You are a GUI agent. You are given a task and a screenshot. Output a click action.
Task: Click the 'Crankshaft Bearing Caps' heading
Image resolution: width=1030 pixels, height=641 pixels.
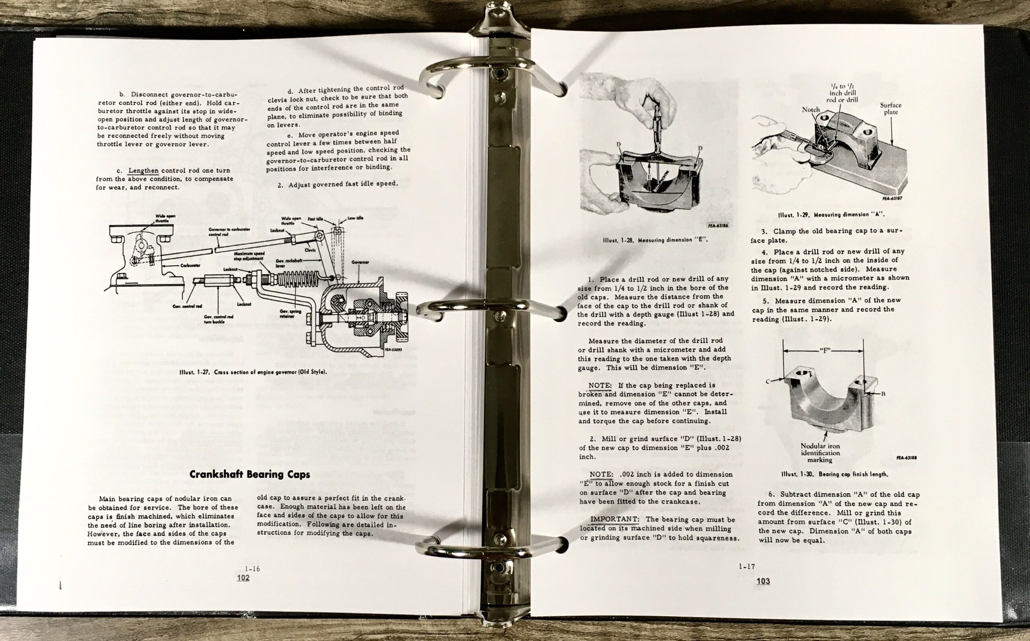[x=250, y=474]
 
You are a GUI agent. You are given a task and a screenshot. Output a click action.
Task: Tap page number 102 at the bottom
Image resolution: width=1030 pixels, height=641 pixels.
[x=243, y=577]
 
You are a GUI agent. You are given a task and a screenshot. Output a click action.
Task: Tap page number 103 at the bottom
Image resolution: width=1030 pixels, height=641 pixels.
[x=763, y=581]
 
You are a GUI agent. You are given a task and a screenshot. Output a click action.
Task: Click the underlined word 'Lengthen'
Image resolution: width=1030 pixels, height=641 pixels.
[x=143, y=171]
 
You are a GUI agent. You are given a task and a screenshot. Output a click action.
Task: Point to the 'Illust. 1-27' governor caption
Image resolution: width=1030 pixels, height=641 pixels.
[x=253, y=372]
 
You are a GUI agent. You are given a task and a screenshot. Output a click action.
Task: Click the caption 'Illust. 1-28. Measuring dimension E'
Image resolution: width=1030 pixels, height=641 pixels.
[x=655, y=240]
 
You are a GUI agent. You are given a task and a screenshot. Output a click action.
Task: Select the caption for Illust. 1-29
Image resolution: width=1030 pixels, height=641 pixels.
[x=831, y=214]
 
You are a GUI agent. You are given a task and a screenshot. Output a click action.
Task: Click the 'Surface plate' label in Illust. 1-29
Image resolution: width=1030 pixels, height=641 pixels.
[x=890, y=109]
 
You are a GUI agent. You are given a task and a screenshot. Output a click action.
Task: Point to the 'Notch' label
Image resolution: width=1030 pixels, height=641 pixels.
[x=810, y=110]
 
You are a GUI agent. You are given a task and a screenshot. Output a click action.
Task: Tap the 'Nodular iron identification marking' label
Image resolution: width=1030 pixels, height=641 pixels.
[x=820, y=453]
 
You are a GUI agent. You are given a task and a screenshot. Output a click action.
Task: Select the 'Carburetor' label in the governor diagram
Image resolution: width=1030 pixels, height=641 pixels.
[x=190, y=266]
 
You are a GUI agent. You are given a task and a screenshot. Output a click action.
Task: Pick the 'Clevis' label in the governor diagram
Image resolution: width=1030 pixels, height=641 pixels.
[x=310, y=250]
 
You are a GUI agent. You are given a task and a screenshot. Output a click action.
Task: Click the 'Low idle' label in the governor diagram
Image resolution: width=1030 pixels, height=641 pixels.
[x=355, y=218]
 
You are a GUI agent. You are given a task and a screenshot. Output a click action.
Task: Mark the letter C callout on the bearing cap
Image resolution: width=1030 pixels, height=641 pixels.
[x=768, y=381]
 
